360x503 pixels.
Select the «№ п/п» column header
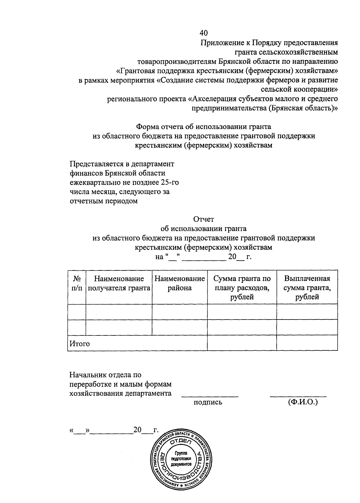[77, 283]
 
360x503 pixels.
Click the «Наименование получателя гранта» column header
[119, 283]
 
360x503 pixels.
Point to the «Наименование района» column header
[180, 283]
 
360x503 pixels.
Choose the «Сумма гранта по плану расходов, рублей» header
[242, 288]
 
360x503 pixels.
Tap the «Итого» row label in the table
[79, 344]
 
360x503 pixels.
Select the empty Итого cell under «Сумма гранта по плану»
[242, 343]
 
